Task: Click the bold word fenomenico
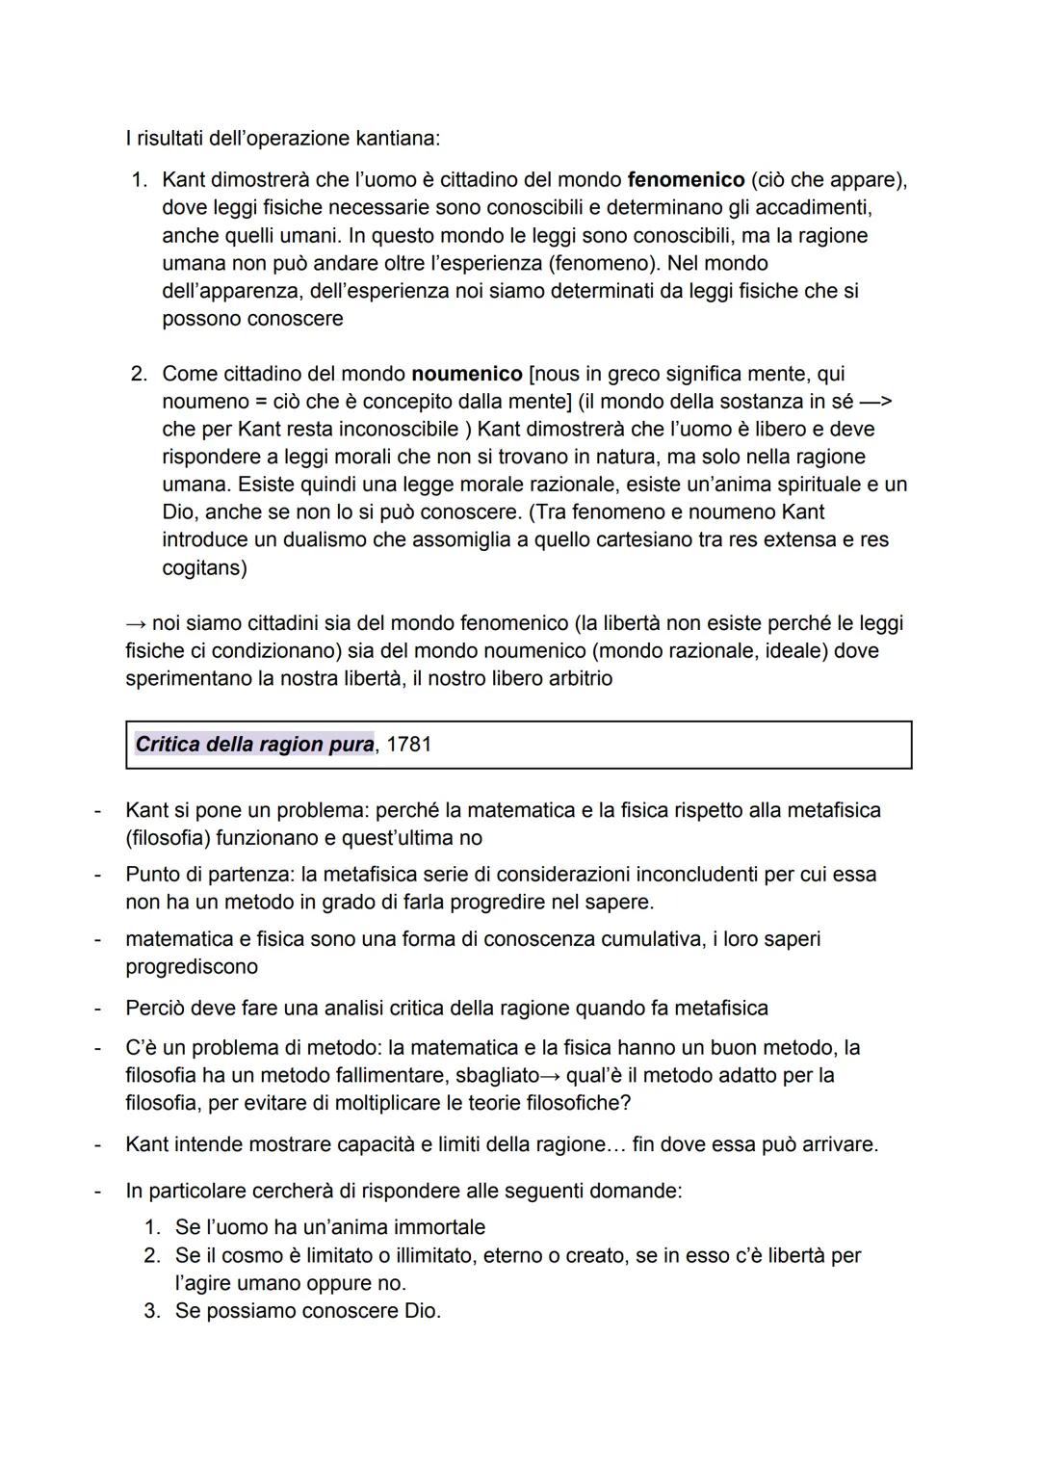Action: pyautogui.click(x=686, y=180)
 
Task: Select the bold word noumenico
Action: pyautogui.click(x=466, y=374)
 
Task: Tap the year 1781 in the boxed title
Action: pyautogui.click(x=408, y=745)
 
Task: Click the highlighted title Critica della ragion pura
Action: pyautogui.click(x=254, y=745)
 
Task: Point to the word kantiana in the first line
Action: pyautogui.click(x=397, y=139)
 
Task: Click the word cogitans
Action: pyautogui.click(x=203, y=568)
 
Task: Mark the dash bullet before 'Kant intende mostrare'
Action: pyautogui.click(x=97, y=1145)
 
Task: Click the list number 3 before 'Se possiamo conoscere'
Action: pyautogui.click(x=151, y=1312)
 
